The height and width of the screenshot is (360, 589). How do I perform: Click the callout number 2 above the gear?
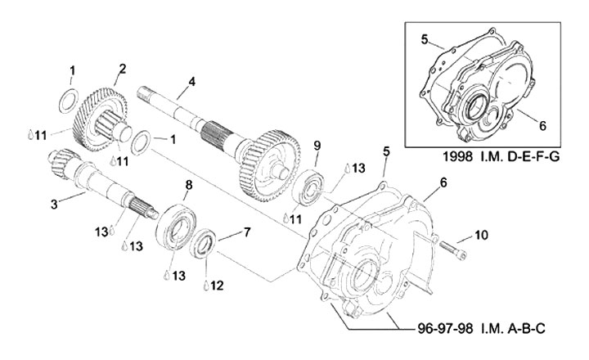click(123, 70)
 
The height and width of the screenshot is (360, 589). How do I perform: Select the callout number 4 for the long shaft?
click(192, 82)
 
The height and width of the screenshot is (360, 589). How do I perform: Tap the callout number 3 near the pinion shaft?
click(55, 205)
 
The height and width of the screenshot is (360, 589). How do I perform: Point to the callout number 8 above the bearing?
click(189, 185)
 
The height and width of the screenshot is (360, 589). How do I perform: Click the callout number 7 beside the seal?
click(247, 232)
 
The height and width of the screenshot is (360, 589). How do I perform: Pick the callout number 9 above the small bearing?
click(317, 146)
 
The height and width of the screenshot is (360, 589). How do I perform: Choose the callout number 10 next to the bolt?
click(481, 236)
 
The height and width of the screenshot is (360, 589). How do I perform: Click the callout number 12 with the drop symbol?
click(217, 286)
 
